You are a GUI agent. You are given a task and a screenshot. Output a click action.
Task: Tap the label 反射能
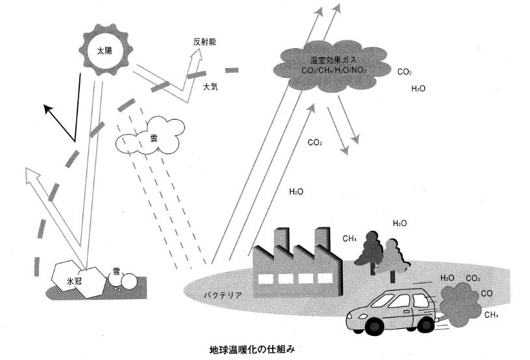click(205, 42)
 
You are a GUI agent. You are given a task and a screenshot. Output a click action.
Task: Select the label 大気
click(210, 86)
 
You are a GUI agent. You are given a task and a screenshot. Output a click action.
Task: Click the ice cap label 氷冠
click(74, 281)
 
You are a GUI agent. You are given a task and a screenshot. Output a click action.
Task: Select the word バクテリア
click(223, 295)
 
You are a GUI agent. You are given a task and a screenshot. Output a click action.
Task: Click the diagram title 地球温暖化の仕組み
click(252, 350)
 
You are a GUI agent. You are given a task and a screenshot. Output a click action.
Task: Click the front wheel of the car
click(374, 326)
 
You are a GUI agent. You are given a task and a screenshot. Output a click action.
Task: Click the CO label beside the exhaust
click(486, 294)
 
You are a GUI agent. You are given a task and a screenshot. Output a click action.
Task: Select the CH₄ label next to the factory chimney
click(349, 238)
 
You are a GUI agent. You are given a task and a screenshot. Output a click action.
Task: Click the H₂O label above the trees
click(399, 224)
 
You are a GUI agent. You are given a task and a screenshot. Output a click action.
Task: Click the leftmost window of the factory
click(264, 279)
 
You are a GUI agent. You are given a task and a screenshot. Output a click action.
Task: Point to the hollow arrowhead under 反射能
click(195, 55)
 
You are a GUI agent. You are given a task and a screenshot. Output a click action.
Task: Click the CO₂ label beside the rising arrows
click(314, 143)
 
